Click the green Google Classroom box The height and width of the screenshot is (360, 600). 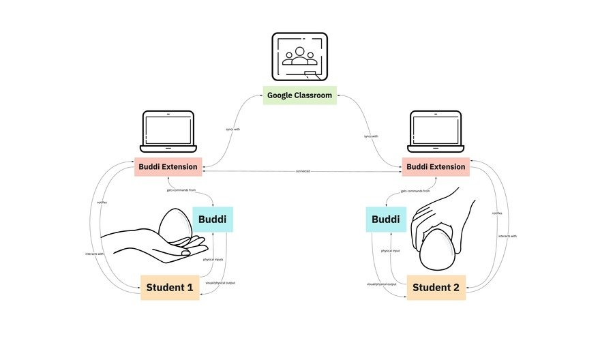300,95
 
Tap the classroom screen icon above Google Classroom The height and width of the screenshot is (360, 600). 300,57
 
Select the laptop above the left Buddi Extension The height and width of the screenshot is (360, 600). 168,132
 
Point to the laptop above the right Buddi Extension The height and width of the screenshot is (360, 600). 435,132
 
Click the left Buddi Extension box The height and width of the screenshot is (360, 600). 168,166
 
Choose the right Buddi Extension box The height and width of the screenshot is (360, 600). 435,166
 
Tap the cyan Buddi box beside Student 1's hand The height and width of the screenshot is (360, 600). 213,220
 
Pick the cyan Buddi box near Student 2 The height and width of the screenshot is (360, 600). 387,220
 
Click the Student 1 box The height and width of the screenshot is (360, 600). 170,288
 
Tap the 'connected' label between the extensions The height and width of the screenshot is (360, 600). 303,171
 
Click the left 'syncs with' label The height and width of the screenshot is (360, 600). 233,128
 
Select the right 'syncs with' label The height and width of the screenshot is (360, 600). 371,136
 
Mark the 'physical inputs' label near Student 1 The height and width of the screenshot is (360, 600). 213,260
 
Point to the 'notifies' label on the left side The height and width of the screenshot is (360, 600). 102,202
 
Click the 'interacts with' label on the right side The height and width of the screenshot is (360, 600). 507,236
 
